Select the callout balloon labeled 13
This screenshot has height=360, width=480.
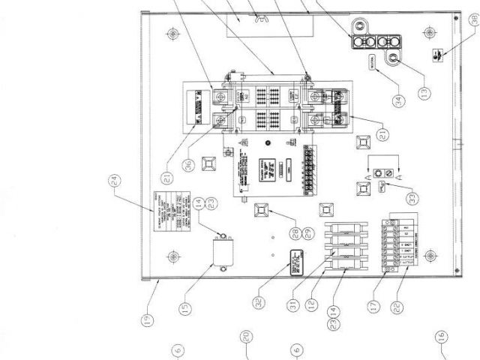coord(424,94)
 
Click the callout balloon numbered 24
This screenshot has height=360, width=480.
coord(115,182)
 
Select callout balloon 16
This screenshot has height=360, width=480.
coord(440,336)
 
